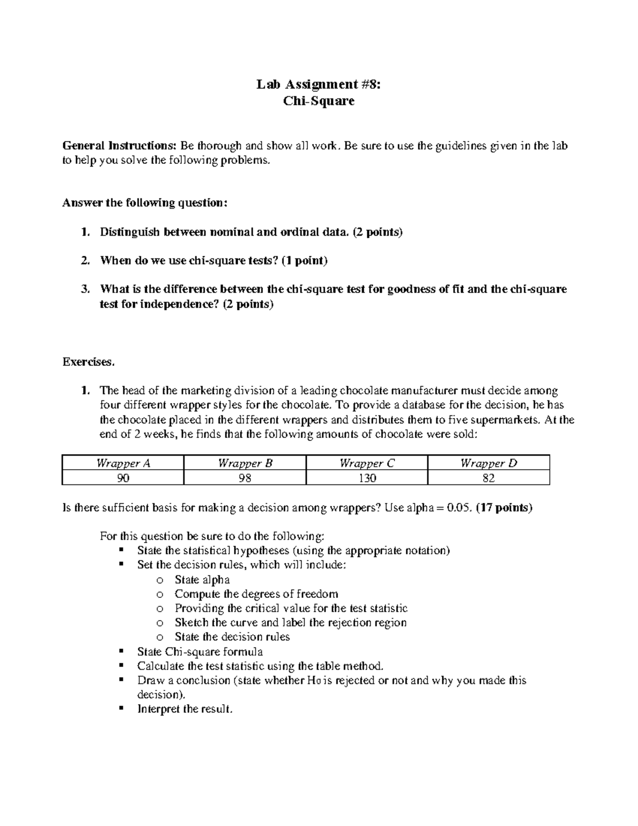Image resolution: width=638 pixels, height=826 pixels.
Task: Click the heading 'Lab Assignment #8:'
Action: (318, 84)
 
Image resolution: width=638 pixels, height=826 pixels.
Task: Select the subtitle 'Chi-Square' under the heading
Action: (318, 101)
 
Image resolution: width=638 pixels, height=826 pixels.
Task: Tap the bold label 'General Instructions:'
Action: (120, 146)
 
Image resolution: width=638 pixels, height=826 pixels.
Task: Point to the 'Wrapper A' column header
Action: (123, 463)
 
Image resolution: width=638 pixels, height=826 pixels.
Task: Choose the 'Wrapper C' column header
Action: (367, 463)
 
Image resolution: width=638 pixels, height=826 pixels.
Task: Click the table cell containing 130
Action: (367, 478)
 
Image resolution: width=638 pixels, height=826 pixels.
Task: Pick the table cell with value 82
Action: (489, 478)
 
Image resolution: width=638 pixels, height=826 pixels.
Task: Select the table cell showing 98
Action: (245, 478)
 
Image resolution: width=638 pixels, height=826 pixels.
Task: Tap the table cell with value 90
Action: (123, 478)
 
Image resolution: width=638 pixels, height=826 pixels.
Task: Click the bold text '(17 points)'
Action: (503, 507)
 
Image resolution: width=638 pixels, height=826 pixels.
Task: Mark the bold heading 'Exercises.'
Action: (88, 362)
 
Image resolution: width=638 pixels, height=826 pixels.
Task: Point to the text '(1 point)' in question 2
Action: (305, 261)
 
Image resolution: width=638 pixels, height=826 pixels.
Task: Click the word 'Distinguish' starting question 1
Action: (130, 232)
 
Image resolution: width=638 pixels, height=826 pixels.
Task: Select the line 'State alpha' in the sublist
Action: (202, 580)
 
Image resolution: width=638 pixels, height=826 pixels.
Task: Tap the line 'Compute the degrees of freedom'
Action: (256, 594)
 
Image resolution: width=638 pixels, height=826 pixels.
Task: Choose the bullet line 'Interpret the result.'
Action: (184, 709)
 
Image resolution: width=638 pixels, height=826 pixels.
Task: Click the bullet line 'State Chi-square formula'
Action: (200, 652)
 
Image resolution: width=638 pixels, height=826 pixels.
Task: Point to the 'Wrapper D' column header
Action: (489, 463)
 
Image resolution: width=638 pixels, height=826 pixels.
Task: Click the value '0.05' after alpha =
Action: (458, 507)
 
